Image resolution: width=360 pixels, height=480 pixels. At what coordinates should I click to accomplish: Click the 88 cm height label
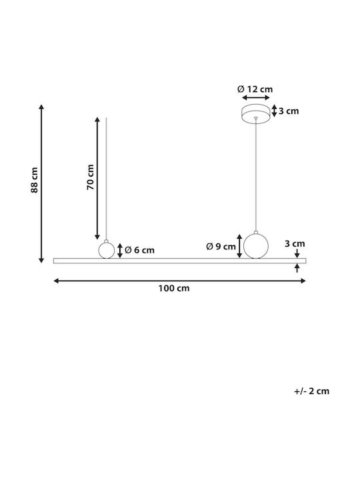point(35,180)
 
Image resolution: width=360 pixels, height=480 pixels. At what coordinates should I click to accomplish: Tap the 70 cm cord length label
point(91,177)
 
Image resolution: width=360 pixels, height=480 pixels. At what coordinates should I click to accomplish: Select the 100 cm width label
point(174,289)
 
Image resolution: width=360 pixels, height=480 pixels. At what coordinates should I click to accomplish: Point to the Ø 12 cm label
point(255,89)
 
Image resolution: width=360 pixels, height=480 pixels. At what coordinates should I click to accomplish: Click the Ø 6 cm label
point(139,250)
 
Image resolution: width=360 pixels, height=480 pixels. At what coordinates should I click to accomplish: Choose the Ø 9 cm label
point(221,247)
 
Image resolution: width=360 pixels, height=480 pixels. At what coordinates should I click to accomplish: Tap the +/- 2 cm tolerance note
point(311,391)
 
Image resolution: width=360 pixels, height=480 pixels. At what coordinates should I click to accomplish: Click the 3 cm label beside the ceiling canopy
point(289,111)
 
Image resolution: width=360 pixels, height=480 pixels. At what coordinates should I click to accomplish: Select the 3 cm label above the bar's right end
point(295,244)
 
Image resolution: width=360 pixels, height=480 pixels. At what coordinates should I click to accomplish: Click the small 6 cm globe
point(107,249)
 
